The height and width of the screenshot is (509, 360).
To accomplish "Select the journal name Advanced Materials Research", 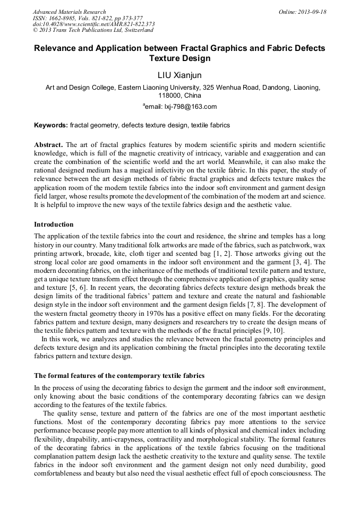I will click(x=69, y=12).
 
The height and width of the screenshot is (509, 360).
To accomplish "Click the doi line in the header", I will click(x=93, y=24).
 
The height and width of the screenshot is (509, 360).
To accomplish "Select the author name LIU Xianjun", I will click(x=179, y=75).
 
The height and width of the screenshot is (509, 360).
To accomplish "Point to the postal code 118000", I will click(x=169, y=96).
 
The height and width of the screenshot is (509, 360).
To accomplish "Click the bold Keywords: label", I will click(x=51, y=126).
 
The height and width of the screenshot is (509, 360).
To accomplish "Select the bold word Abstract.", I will click(x=48, y=145).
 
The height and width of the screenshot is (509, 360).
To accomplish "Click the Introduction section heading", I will click(x=54, y=225).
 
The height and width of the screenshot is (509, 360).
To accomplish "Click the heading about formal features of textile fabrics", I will click(x=119, y=376).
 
